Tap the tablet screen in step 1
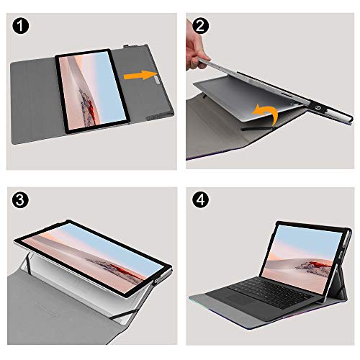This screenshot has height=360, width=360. click(90, 91)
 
